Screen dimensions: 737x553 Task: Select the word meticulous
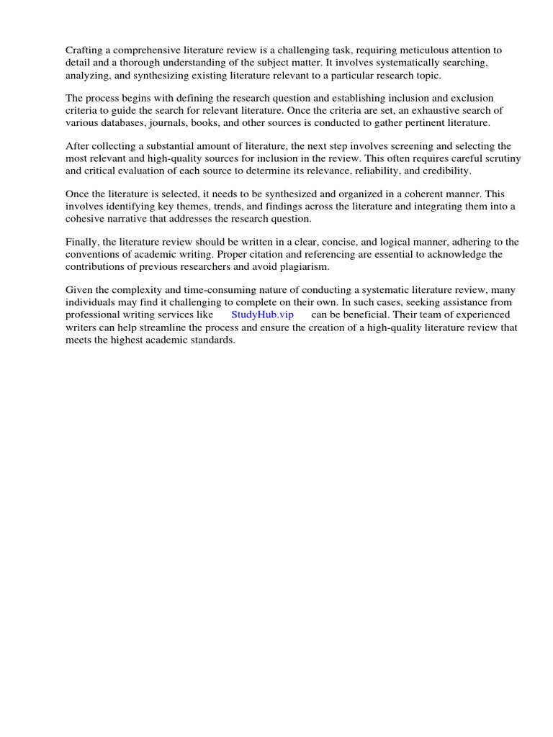[x=409, y=50]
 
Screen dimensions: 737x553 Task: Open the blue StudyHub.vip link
[x=262, y=315]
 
